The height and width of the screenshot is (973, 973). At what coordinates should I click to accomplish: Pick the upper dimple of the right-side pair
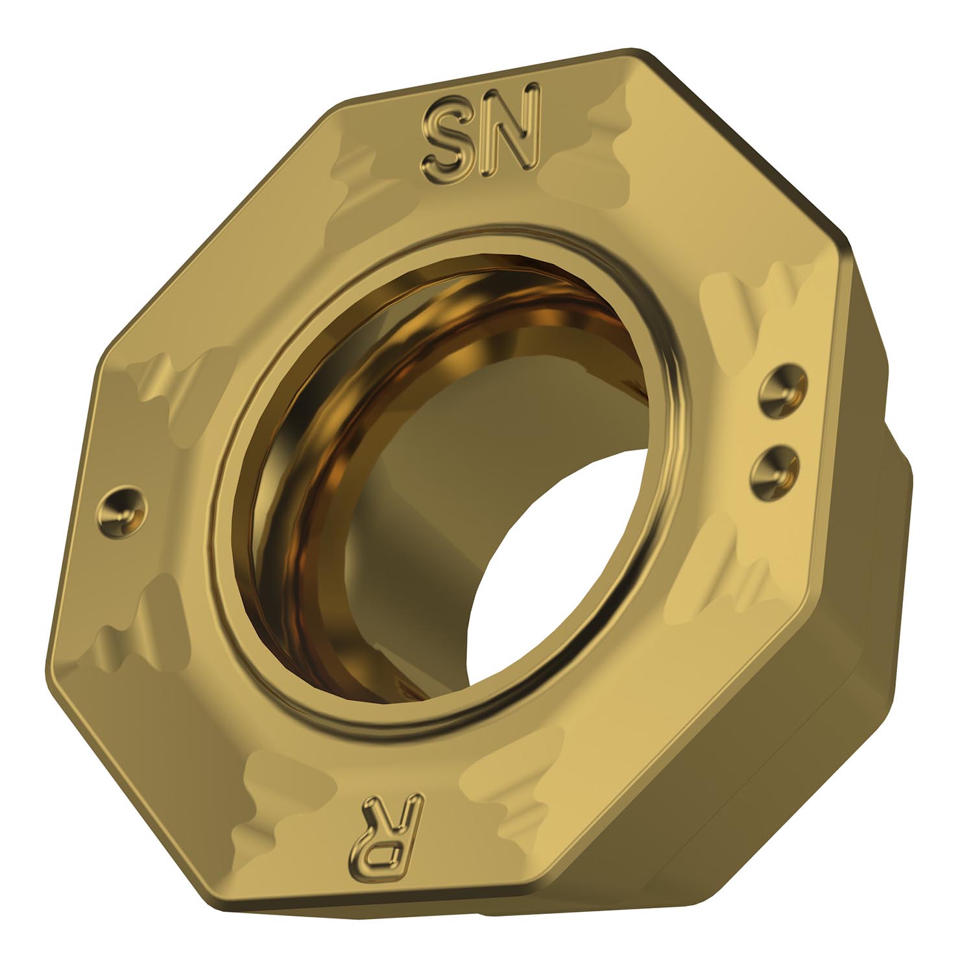point(786,390)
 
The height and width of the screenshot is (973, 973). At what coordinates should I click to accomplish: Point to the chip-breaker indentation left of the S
point(363,169)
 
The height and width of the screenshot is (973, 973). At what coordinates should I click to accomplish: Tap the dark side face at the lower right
point(746,746)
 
